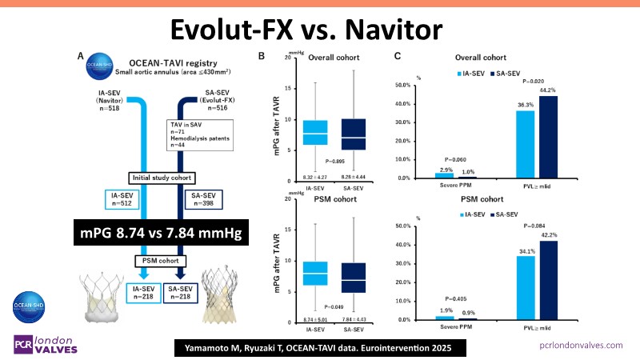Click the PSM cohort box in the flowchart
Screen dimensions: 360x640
(161, 260)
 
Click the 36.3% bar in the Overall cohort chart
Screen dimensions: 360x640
(525, 144)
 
